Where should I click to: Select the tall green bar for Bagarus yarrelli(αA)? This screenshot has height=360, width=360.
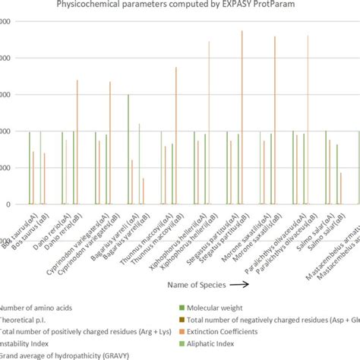pyautogui.click(x=128, y=149)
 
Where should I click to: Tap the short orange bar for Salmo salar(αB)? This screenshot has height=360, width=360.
pyautogui.click(x=341, y=188)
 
